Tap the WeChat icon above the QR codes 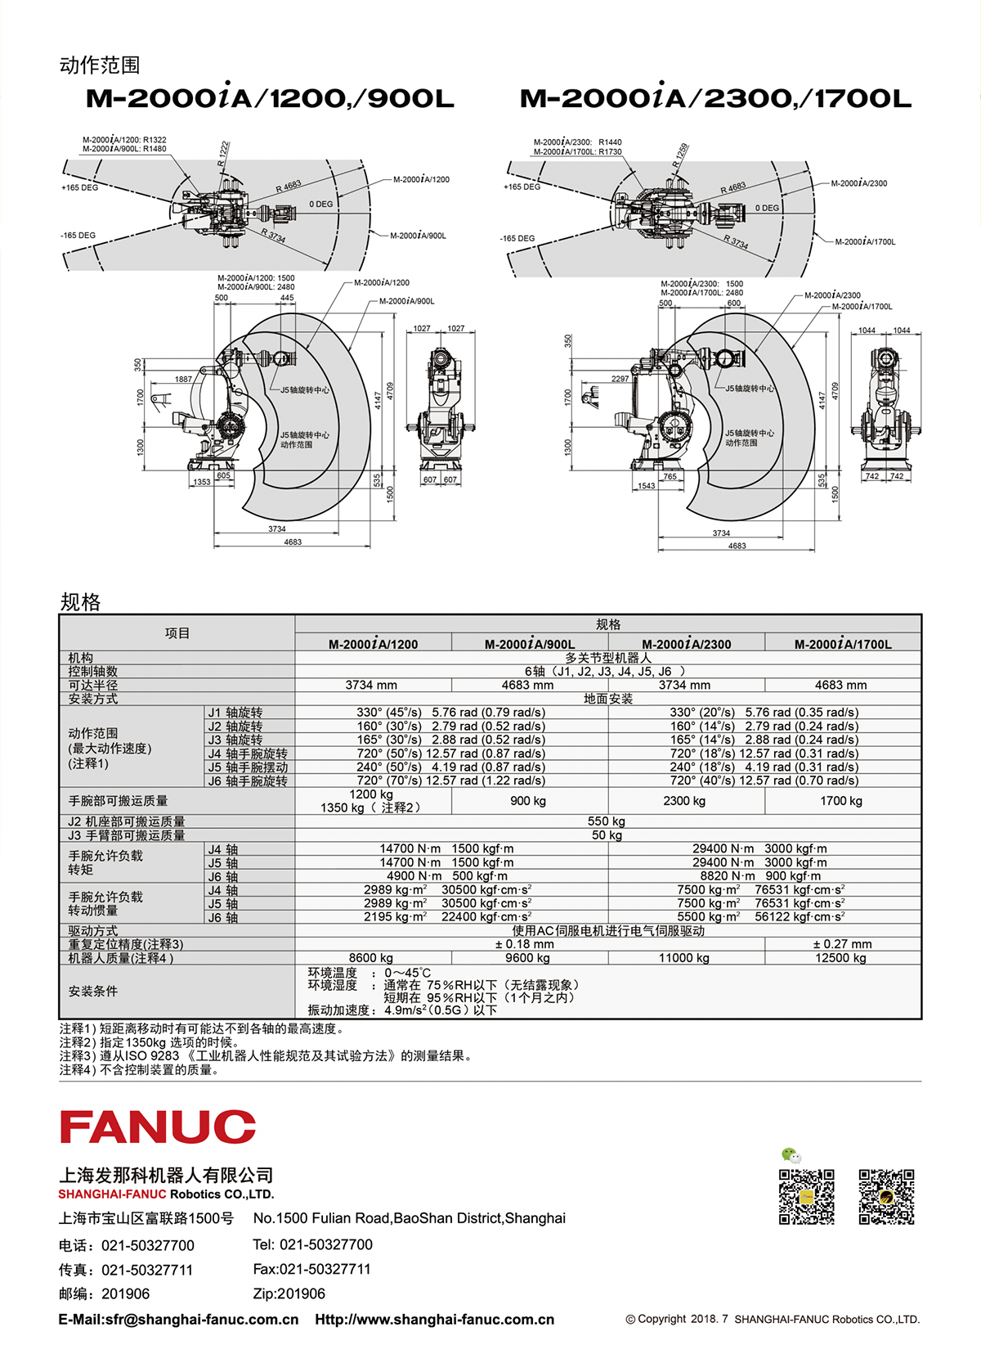pos(791,1156)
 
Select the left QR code pos(806,1197)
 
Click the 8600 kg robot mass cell pos(371,958)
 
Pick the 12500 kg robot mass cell pos(841,958)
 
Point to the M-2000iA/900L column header pos(530,644)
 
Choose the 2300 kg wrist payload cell pos(684,800)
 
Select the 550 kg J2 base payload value pos(607,821)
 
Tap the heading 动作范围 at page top pos(99,65)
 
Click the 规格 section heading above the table pos(79,602)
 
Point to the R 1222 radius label pos(223,154)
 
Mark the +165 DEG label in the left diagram pos(79,187)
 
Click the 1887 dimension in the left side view pos(184,379)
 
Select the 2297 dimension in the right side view pos(620,379)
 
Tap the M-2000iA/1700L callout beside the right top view pos(866,242)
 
